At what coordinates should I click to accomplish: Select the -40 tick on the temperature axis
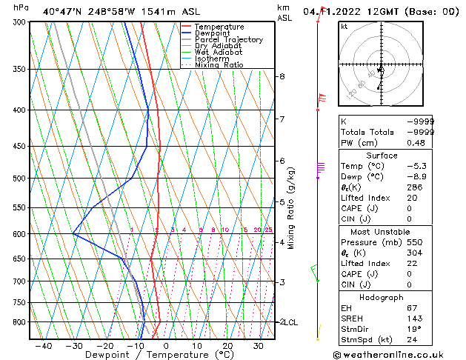click(x=43, y=346)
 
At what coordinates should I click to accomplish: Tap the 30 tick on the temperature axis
click(x=259, y=346)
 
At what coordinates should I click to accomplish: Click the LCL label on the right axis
click(x=290, y=323)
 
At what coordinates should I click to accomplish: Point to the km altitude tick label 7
click(x=282, y=119)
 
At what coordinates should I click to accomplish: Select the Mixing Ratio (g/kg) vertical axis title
click(x=291, y=208)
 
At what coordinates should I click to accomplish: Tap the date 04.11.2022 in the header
click(x=340, y=11)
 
